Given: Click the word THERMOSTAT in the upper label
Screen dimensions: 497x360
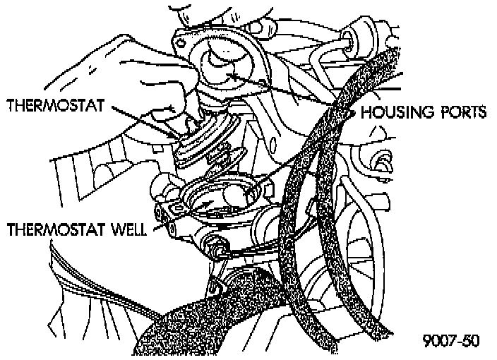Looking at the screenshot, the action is [x=55, y=106].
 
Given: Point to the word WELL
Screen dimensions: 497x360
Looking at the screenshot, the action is [x=126, y=230].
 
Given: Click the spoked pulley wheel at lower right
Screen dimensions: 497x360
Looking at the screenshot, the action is [x=374, y=240].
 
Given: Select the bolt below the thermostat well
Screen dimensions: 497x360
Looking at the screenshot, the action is [x=212, y=248].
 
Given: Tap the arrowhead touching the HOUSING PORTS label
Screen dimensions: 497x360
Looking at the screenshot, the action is [x=351, y=112].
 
